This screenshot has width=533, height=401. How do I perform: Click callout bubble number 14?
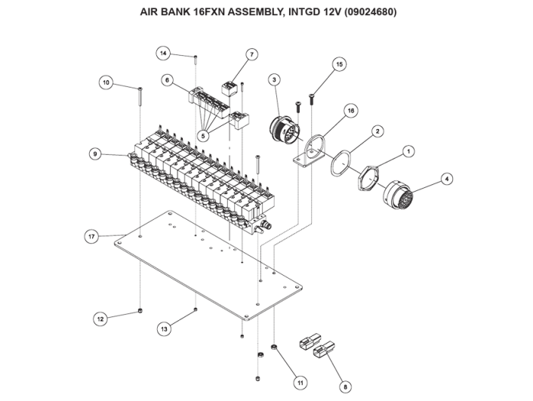164,53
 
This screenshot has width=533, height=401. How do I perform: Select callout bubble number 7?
252,54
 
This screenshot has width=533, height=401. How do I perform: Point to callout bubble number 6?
166,80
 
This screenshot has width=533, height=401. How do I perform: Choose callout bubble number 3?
273,79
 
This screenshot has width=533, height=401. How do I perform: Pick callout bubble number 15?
339,65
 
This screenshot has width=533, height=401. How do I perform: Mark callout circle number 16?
350,110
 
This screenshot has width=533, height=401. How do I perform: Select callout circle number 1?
408,151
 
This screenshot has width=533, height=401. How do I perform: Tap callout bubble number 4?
447,179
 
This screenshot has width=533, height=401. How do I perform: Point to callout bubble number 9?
95,153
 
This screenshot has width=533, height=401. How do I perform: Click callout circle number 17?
91,236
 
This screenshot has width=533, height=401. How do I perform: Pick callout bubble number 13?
163,329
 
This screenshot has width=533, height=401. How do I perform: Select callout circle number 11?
300,382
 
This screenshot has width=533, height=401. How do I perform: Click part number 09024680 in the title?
368,12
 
